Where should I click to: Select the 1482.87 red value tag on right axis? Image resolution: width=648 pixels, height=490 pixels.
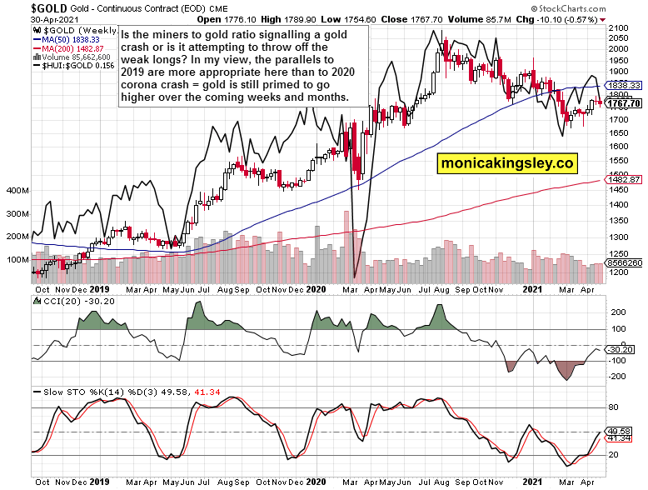pos(626,179)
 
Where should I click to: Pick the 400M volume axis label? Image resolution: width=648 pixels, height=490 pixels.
pos(17,191)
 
